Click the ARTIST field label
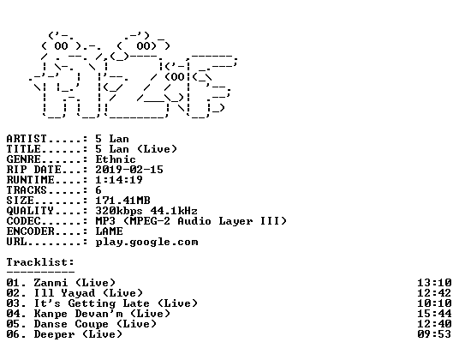click(x=27, y=139)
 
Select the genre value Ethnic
click(x=116, y=159)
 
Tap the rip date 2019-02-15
click(x=129, y=170)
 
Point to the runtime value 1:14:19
click(x=119, y=180)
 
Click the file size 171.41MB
click(x=123, y=201)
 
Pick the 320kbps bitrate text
click(x=119, y=211)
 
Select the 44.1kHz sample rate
click(x=174, y=211)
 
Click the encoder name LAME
click(x=110, y=231)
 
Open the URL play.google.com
click(x=147, y=243)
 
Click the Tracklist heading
click(x=40, y=262)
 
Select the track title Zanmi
click(x=51, y=283)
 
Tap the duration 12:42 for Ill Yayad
click(x=434, y=293)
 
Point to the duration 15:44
click(x=434, y=314)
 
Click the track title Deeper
click(x=54, y=334)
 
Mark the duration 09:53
click(x=434, y=334)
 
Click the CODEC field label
click(x=23, y=221)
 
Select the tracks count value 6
click(x=98, y=190)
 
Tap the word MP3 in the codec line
click(x=105, y=221)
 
